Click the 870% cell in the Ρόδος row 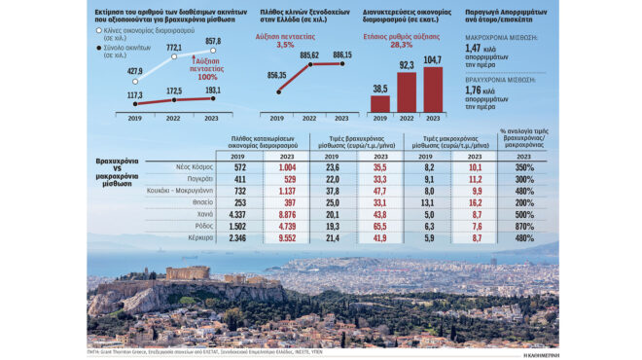(525, 225)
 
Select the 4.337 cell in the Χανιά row (236, 213)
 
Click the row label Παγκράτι (197, 179)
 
